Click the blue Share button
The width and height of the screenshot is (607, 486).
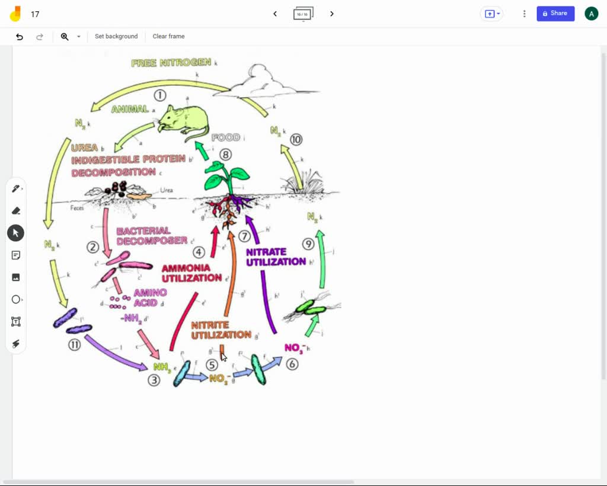[555, 14]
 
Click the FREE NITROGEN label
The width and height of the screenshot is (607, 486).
[171, 63]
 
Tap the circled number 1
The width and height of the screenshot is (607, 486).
[159, 95]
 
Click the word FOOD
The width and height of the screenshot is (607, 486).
[225, 138]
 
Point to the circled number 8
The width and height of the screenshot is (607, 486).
[225, 155]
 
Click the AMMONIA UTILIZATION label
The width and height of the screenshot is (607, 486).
[191, 273]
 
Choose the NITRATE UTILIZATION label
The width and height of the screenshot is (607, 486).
[276, 257]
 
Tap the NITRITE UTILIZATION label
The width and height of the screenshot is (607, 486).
[221, 330]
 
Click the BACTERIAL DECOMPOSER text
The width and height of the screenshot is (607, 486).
[151, 236]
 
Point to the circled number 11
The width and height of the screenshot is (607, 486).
[74, 345]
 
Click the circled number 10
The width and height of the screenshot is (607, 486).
[296, 140]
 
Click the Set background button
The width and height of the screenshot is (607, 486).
[116, 37]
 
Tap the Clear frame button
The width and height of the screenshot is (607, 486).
[168, 37]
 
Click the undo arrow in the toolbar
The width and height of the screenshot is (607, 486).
[20, 37]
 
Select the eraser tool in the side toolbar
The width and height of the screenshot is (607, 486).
[16, 210]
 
